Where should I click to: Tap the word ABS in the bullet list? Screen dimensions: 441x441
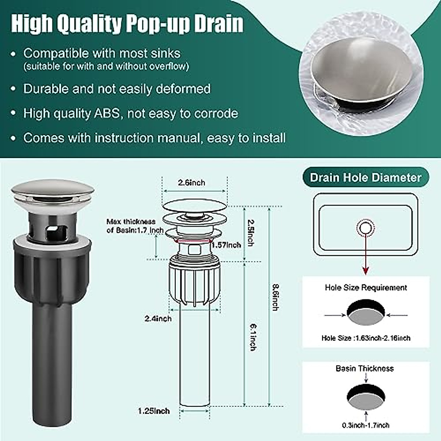(x=107, y=113)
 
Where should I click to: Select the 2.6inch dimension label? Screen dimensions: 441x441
(x=191, y=183)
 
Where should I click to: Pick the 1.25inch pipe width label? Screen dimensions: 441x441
(x=154, y=411)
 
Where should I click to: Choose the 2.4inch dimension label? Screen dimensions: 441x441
(x=158, y=319)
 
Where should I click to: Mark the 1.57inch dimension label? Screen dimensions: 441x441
(x=226, y=245)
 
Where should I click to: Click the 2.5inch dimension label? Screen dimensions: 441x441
(x=251, y=233)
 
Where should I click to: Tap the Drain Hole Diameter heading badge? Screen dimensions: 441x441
(x=365, y=178)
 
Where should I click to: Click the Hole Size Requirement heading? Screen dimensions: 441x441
(x=366, y=288)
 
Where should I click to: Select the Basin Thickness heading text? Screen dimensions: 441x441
(x=365, y=369)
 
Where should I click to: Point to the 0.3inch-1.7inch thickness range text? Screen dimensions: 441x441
(x=366, y=425)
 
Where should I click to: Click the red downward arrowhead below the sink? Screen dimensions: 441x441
(x=365, y=271)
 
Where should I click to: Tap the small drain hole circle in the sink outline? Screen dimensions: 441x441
(x=365, y=228)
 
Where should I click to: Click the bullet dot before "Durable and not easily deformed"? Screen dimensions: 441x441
(x=14, y=89)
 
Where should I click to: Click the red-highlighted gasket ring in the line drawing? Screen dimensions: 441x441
(x=193, y=241)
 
